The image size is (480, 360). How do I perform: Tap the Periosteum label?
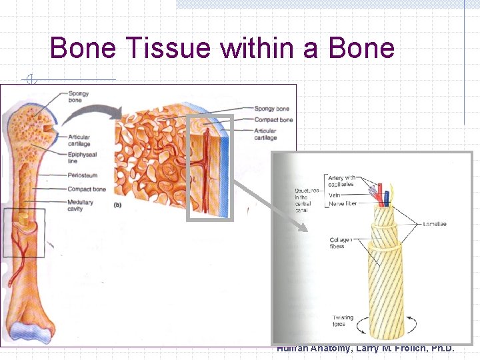82,176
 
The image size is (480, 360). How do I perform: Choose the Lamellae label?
435,224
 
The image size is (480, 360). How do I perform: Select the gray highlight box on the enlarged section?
210,167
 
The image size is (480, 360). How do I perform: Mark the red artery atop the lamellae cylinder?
380,193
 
